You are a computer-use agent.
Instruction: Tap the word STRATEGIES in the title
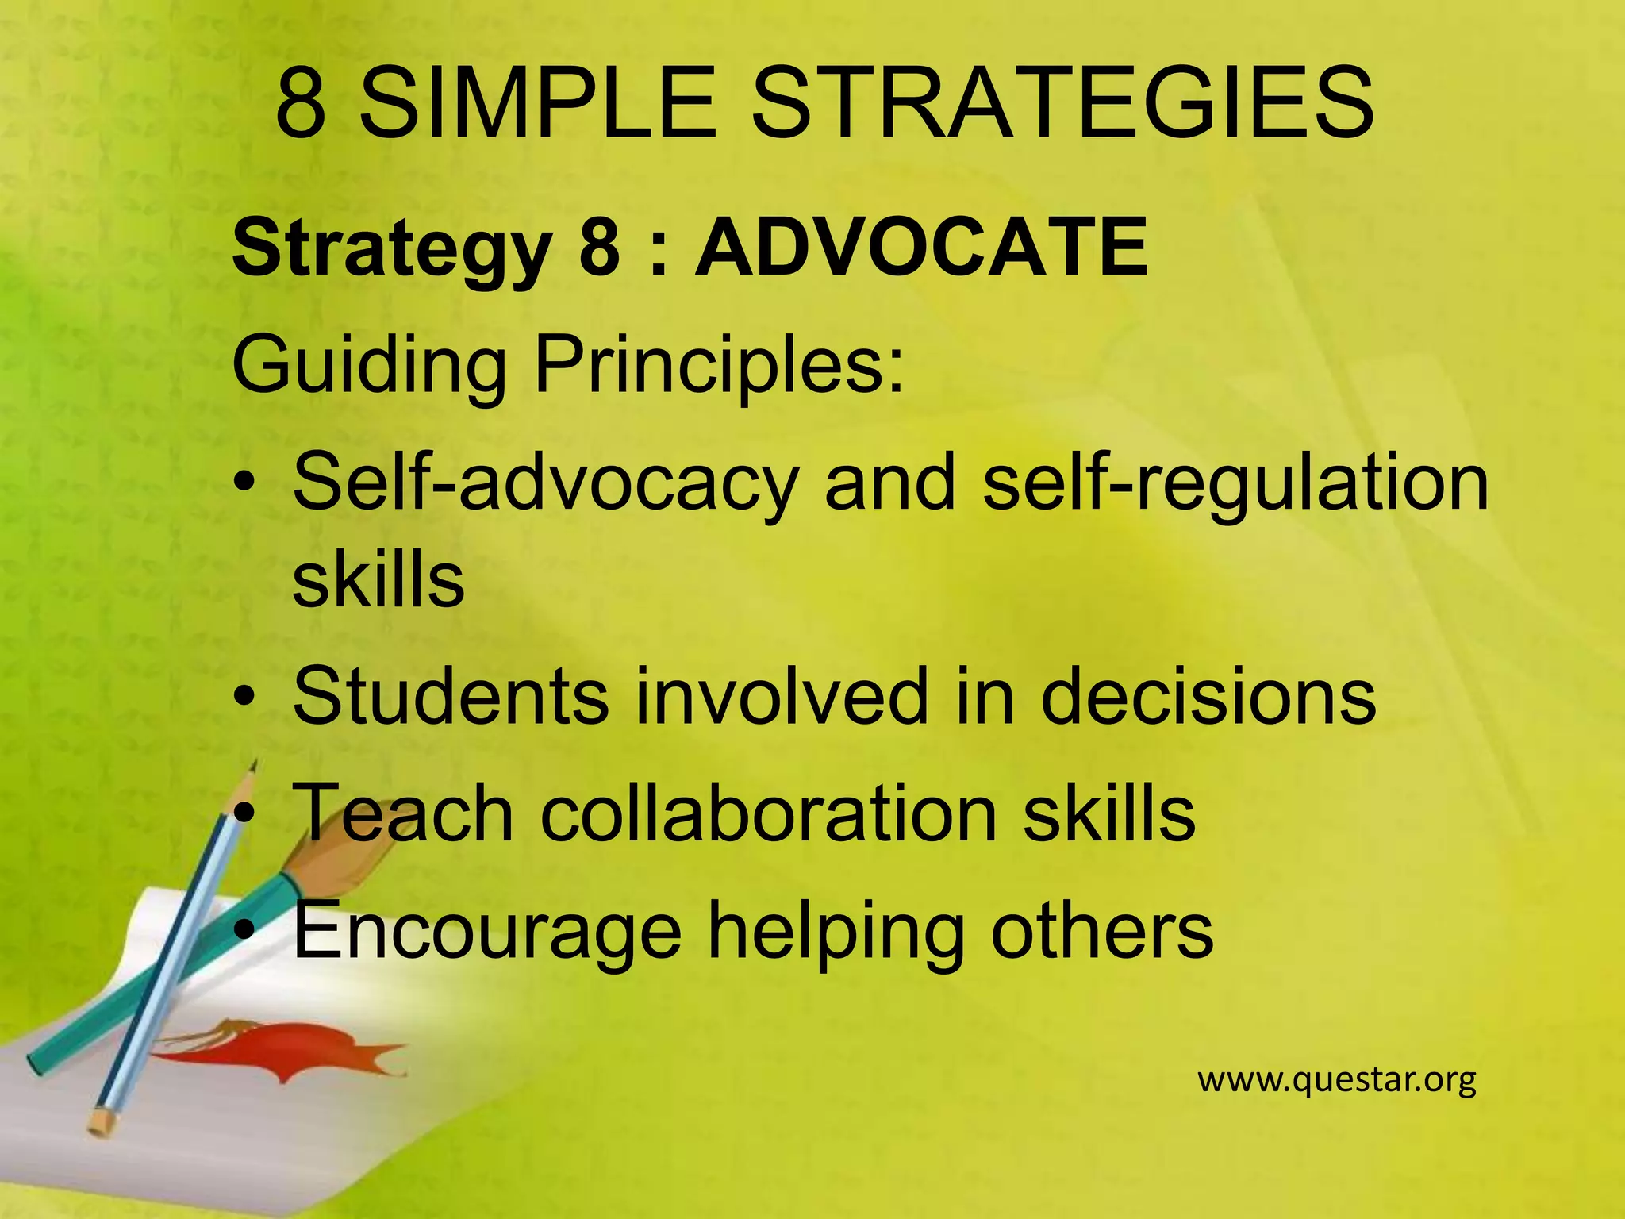(1062, 103)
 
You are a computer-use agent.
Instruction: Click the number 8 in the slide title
(301, 103)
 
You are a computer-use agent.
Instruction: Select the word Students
(450, 696)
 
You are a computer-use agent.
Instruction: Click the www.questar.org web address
(1336, 1080)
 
